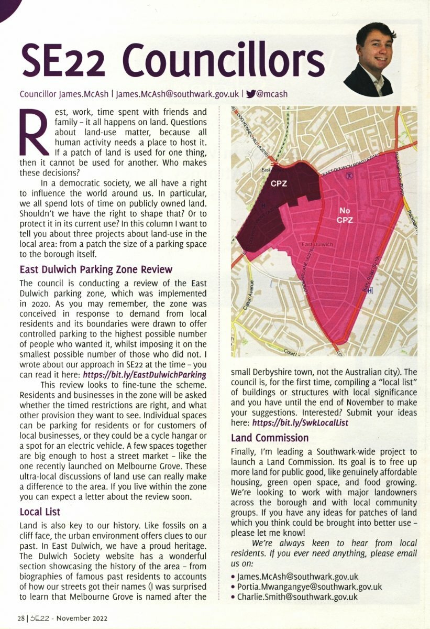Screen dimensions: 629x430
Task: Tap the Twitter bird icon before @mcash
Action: pyautogui.click(x=250, y=94)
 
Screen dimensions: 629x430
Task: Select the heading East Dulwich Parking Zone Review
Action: pyautogui.click(x=96, y=269)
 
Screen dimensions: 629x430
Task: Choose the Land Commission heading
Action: pyautogui.click(x=270, y=438)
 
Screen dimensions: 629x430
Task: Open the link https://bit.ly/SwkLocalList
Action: pyautogui.click(x=300, y=422)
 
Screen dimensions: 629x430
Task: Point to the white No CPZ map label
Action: pyautogui.click(x=344, y=214)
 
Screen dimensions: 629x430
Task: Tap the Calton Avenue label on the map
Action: pyautogui.click(x=251, y=297)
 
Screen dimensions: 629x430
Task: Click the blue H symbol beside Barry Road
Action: pyautogui.click(x=370, y=290)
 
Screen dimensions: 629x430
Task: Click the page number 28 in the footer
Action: pyautogui.click(x=20, y=618)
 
